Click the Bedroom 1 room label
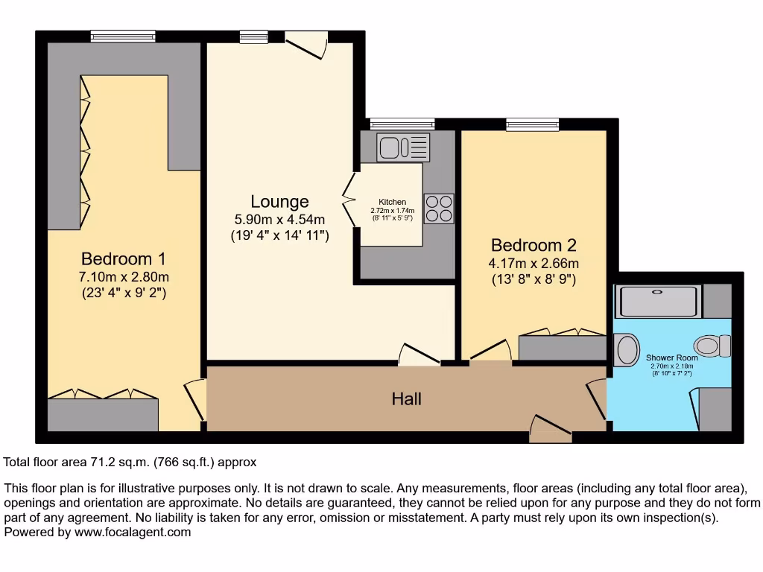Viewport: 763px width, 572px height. pos(123,259)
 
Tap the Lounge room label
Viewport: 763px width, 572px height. pos(279,202)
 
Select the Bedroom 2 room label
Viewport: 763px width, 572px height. pos(534,245)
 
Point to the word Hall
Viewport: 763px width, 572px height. pos(407,399)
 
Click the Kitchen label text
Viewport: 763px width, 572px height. pos(393,202)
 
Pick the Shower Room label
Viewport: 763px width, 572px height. pos(672,358)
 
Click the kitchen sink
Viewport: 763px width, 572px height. pos(403,147)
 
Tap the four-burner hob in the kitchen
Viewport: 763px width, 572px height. pos(439,208)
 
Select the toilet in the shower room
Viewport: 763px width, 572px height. pos(712,346)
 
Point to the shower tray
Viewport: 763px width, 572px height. pos(659,301)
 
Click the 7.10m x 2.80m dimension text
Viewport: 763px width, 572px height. pos(124,277)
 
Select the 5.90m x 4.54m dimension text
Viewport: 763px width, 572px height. pos(279,220)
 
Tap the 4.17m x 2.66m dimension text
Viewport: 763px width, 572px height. pos(534,263)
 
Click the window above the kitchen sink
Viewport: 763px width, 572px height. pos(402,124)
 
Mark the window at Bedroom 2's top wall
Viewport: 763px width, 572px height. pos(532,124)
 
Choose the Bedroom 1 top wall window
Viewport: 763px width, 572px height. pos(123,36)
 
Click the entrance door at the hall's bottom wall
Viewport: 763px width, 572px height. pos(551,430)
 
